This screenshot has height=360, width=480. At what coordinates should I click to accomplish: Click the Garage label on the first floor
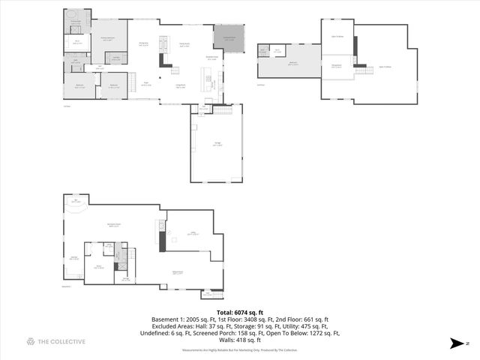pos(217,145)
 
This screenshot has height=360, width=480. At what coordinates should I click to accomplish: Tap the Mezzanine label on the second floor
pos(337,65)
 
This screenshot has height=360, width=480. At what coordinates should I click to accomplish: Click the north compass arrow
pos(454,343)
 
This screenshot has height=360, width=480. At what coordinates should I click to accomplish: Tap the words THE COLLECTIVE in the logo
pos(63,341)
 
